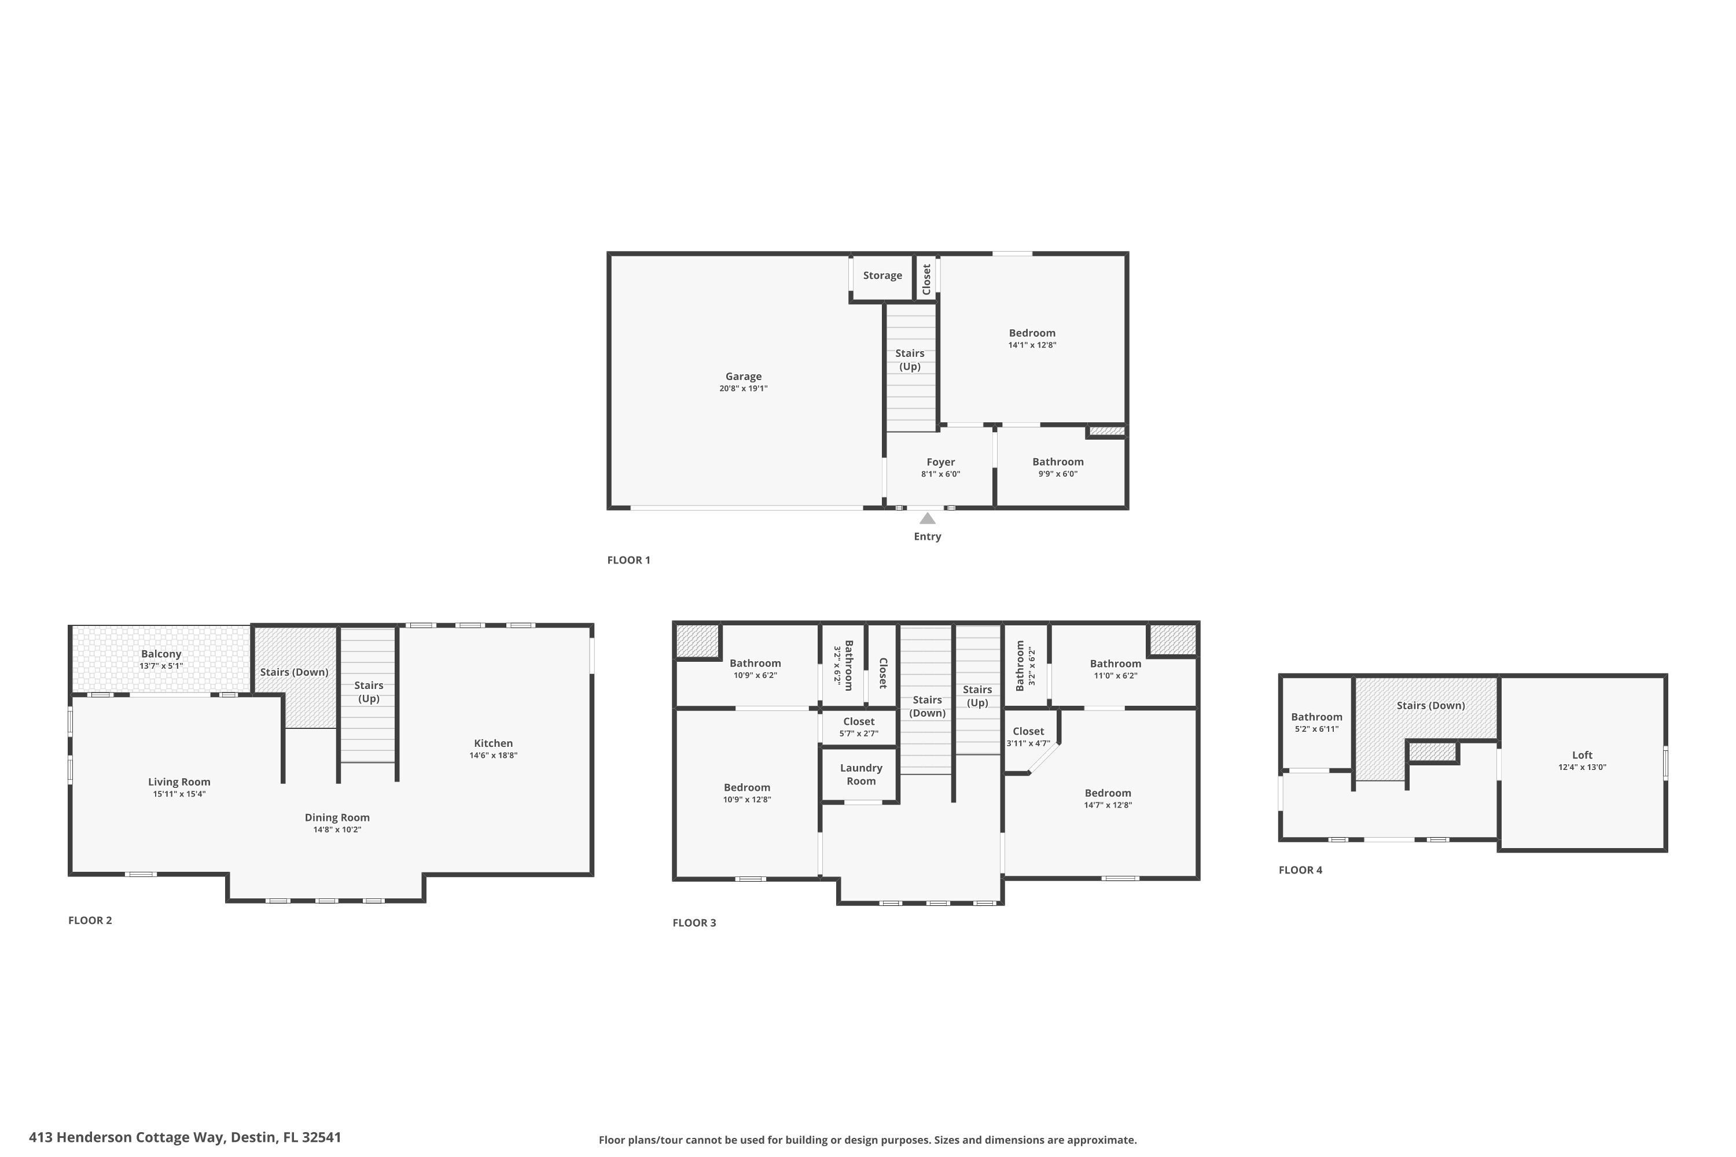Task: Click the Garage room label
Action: click(742, 377)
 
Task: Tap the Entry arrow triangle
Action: click(927, 519)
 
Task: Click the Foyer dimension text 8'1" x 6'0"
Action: click(940, 474)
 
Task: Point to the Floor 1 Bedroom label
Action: click(1032, 333)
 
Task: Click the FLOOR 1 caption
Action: click(628, 560)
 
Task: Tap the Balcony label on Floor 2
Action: click(161, 654)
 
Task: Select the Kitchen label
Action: click(493, 743)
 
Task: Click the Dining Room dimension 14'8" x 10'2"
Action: click(337, 830)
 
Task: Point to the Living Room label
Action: click(179, 782)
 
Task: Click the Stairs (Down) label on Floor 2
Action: click(294, 672)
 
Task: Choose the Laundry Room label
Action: click(860, 774)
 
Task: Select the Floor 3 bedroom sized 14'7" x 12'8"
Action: click(1107, 798)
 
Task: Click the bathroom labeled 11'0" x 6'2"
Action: click(1115, 669)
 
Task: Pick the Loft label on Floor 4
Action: click(1581, 755)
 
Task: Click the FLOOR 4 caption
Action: click(1300, 870)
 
